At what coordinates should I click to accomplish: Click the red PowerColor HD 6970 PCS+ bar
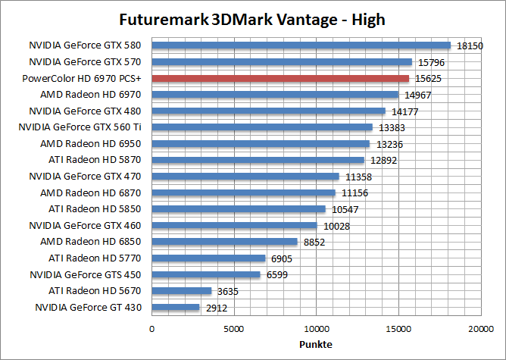point(280,78)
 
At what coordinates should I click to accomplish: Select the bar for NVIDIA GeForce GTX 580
point(301,45)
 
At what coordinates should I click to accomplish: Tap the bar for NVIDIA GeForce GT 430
point(176,308)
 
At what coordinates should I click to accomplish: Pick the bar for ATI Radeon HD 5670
point(182,291)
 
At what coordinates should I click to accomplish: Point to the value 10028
point(336,226)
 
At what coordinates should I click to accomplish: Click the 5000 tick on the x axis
point(234,328)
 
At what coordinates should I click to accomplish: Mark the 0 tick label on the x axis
point(152,328)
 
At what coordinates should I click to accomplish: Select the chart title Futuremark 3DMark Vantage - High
point(252,18)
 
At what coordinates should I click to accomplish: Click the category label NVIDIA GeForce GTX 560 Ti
point(83,127)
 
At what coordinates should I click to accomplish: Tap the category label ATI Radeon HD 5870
point(95,160)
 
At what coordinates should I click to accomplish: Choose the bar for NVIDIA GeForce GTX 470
point(245,177)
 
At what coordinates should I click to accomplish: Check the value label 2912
point(216,308)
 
